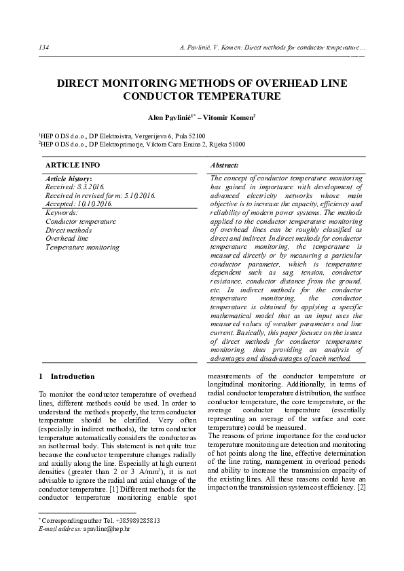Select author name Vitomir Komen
click(232, 117)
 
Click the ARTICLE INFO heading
click(72, 165)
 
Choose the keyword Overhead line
click(67, 239)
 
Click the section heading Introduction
click(73, 376)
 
